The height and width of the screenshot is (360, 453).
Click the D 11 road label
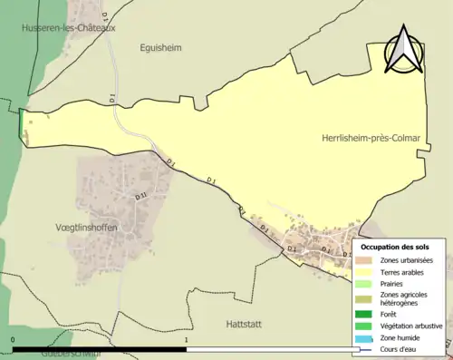coord(140,195)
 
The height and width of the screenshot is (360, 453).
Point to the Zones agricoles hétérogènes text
coord(405,300)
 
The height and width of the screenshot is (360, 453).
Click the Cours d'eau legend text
coord(400,349)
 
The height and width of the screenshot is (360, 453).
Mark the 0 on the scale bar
coord(13,341)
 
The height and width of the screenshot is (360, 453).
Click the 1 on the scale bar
coord(186,341)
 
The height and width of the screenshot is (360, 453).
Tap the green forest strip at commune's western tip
coord(21,125)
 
